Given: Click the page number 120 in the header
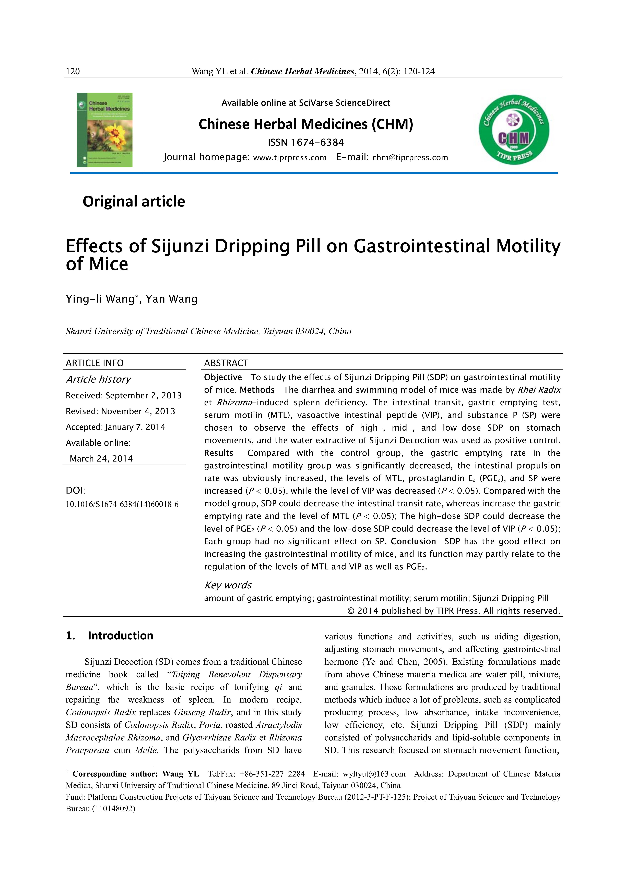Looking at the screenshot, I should point(73,71).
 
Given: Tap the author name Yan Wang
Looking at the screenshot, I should point(172,299).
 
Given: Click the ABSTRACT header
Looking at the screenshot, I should point(226,363).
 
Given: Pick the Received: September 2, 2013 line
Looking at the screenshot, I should point(123,396).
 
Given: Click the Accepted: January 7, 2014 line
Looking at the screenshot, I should point(115,427).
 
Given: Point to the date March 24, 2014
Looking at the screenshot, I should point(101,459).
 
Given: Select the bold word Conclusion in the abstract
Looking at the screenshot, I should point(413,541).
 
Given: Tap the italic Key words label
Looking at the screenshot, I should point(228,585).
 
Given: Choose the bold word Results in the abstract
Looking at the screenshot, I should point(219,453).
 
